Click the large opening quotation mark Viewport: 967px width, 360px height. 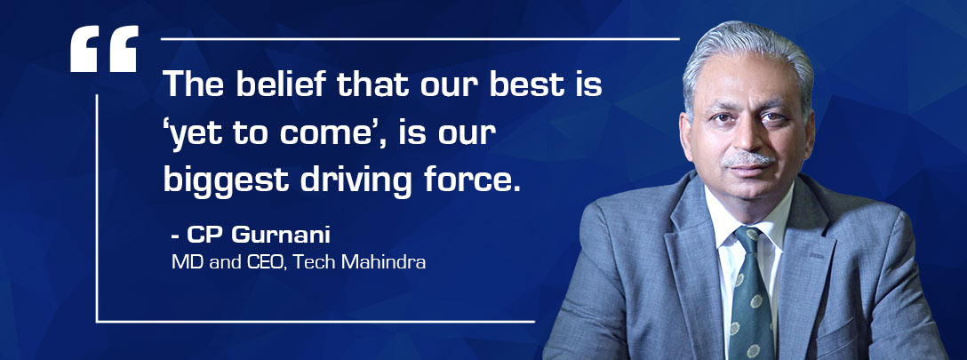pyautogui.click(x=104, y=49)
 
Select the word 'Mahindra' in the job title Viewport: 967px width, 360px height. pyautogui.click(x=383, y=262)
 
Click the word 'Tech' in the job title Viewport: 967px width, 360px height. pyautogui.click(x=315, y=262)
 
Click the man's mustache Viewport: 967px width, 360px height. pyautogui.click(x=748, y=158)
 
